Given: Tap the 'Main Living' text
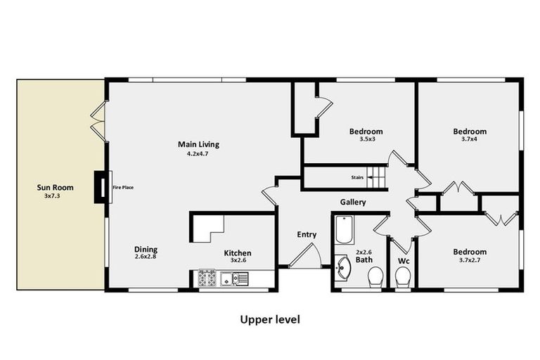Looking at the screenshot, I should point(198,145).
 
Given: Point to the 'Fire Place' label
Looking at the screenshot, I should point(123,188).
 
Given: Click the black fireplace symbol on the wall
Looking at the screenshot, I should point(103,188).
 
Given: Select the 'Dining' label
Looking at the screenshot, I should point(146,250).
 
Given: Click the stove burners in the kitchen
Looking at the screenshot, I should point(207,278).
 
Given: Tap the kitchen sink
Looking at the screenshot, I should point(234,279).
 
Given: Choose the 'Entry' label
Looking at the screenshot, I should point(307,235).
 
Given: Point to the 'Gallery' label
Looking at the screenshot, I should point(353,202).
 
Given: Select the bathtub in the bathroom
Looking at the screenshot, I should point(345,229).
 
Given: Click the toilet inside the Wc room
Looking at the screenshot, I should point(403,277).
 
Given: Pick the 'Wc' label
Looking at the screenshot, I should point(403,260).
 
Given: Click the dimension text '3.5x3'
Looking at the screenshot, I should point(366,139).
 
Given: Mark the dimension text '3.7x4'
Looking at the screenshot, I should point(469,139).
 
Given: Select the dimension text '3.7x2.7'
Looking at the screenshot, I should point(469,260).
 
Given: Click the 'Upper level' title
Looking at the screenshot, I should point(270,320).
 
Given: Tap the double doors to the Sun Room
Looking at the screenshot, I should point(98,121).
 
